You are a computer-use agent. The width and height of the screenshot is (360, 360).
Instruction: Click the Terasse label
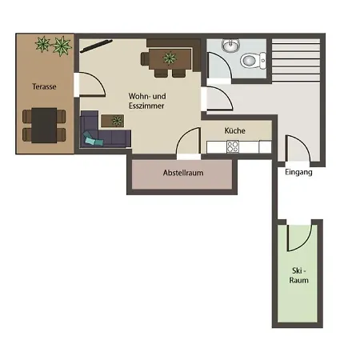44,86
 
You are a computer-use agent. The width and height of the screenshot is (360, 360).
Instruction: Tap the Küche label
234,130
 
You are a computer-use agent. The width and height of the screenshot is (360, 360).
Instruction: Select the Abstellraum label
183,173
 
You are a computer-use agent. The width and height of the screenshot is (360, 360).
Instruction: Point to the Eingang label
298,172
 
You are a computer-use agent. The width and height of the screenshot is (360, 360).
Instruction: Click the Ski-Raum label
299,275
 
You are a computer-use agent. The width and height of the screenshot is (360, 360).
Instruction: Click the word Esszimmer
146,106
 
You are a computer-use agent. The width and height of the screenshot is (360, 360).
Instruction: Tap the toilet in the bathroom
253,61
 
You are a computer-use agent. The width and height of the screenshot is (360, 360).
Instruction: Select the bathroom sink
231,46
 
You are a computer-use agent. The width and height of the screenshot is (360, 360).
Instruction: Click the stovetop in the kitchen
233,146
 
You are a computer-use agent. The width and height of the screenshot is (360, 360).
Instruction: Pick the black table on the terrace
44,125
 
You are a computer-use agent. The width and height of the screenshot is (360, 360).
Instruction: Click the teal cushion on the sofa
92,138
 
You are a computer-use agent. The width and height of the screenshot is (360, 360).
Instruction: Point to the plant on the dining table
170,58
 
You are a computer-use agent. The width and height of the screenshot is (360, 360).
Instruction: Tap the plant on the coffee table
117,121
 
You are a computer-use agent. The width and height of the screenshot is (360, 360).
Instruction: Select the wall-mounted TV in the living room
96,46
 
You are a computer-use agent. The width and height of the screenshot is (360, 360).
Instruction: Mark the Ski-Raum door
299,238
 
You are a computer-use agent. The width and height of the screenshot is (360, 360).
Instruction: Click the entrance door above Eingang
298,148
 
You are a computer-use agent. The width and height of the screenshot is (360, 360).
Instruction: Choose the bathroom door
219,66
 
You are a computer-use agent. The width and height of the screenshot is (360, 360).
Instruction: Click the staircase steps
296,61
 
